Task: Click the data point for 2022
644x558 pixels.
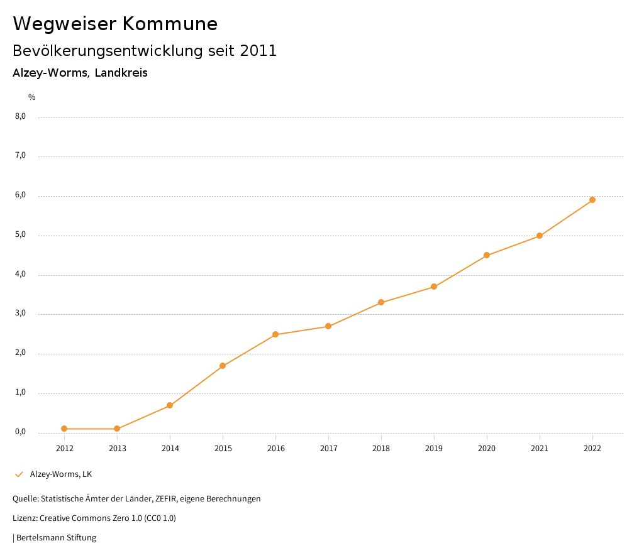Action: coord(592,200)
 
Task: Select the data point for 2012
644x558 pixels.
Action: coord(64,429)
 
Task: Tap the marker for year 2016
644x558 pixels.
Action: coord(275,334)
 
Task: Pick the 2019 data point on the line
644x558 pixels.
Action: coord(434,287)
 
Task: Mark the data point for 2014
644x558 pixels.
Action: coord(170,405)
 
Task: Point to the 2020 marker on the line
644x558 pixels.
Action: coord(487,255)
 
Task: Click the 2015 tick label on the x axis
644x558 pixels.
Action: coord(223,449)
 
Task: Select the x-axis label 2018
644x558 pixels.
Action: coord(381,449)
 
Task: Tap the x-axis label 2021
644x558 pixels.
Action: coord(540,449)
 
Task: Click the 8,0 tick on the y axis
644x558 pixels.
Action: coord(20,116)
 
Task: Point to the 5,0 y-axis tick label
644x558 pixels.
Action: coord(20,235)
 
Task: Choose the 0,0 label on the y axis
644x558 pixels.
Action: coord(20,432)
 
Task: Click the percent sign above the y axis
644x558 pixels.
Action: coord(31,97)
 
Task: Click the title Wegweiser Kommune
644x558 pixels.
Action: coord(115,24)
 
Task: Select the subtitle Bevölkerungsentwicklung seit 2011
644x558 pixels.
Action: coord(145,51)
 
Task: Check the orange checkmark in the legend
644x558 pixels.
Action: coord(19,474)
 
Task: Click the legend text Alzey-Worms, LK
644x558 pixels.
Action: coord(61,474)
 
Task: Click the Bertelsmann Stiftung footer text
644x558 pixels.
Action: coord(56,538)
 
